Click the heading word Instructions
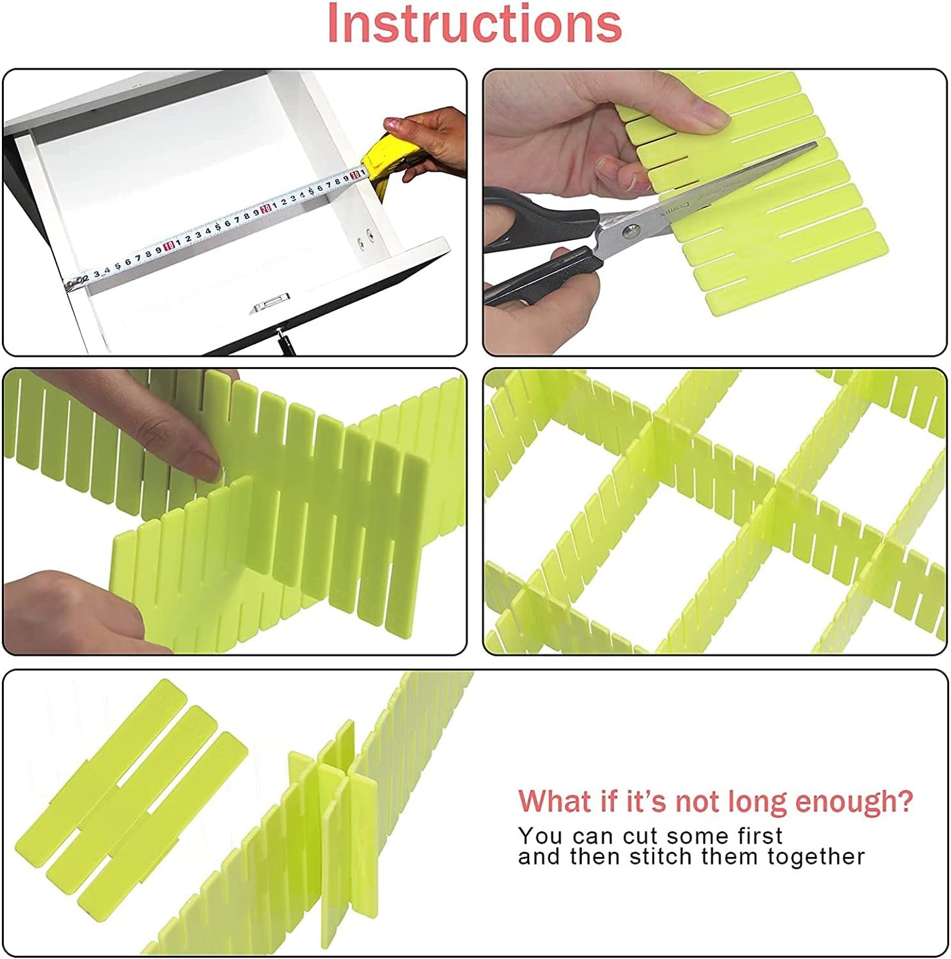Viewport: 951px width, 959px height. tap(474, 24)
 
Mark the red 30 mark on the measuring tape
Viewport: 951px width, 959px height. tap(355, 174)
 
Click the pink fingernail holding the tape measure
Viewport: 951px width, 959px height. tap(392, 122)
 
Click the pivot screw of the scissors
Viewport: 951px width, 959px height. tap(631, 230)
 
